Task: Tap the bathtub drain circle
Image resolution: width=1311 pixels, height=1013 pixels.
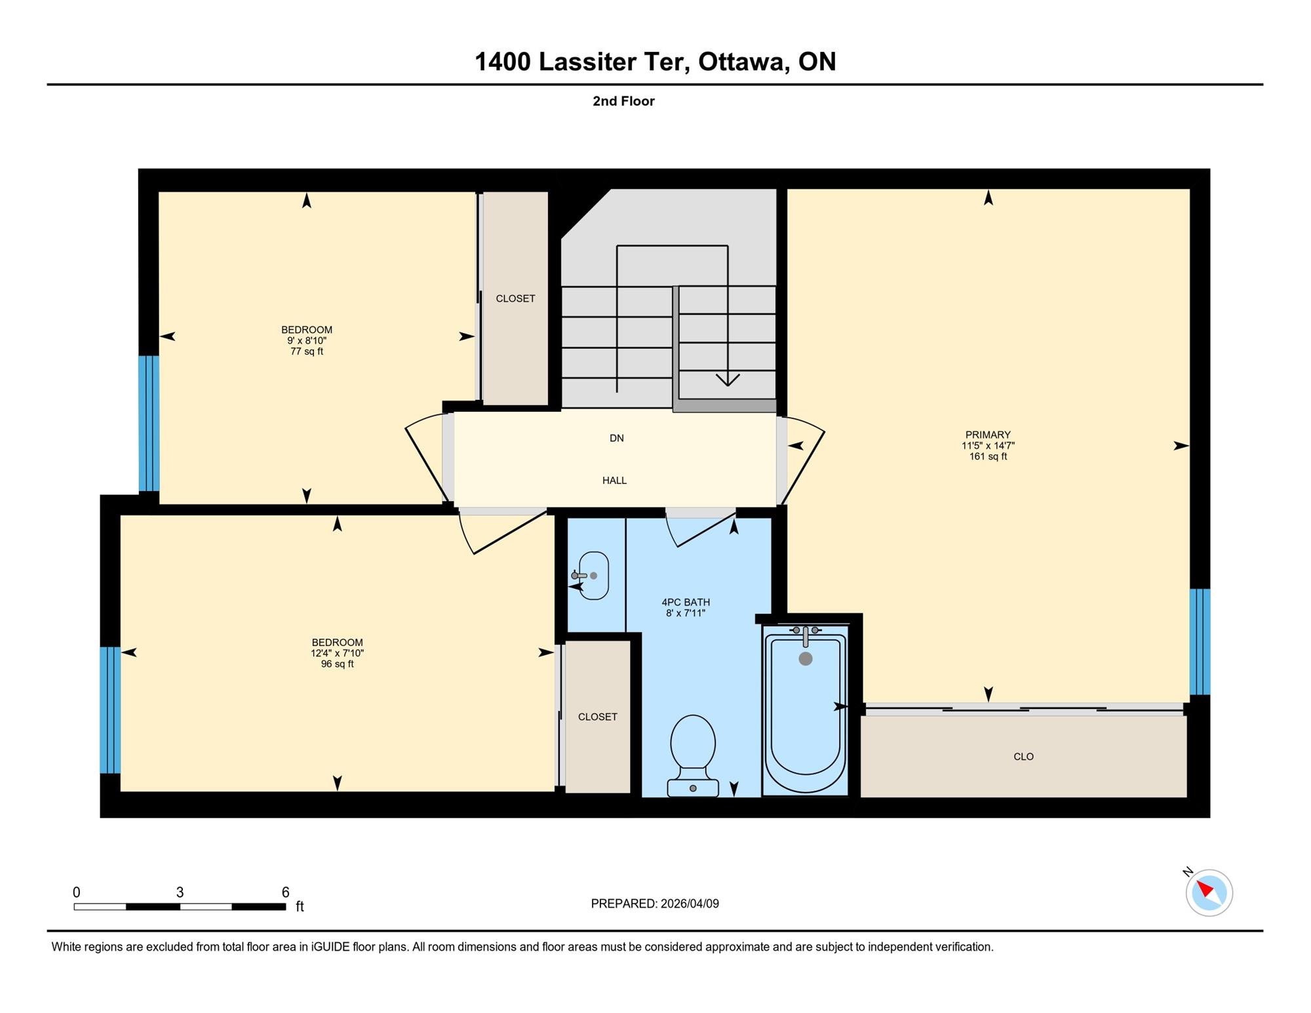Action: click(806, 659)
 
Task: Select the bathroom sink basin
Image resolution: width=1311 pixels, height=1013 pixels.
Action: click(593, 576)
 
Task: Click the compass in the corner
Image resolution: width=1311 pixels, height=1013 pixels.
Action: click(1209, 892)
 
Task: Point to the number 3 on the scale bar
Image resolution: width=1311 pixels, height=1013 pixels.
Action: click(180, 892)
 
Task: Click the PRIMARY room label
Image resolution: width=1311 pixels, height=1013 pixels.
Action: click(988, 435)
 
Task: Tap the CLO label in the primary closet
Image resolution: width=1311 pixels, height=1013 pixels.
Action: click(1023, 757)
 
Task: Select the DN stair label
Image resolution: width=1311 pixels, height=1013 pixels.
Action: click(616, 438)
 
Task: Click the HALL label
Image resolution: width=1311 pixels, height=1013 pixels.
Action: click(614, 481)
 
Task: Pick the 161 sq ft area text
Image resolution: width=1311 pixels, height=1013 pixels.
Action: click(988, 456)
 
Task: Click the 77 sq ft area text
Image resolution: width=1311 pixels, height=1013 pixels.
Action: click(307, 351)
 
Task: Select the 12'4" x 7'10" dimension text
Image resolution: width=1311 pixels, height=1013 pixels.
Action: click(337, 653)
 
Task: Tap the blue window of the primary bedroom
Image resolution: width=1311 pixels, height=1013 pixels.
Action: click(1200, 642)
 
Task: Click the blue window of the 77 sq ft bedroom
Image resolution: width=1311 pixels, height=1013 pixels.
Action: click(149, 424)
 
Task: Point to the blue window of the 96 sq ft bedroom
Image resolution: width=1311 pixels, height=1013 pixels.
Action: click(110, 710)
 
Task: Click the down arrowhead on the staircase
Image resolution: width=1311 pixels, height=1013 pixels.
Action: click(728, 380)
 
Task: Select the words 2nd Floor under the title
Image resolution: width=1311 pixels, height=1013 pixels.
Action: click(623, 101)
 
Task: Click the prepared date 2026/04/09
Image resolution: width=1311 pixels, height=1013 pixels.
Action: click(690, 904)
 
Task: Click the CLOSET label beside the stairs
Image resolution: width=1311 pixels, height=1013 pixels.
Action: click(515, 298)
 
